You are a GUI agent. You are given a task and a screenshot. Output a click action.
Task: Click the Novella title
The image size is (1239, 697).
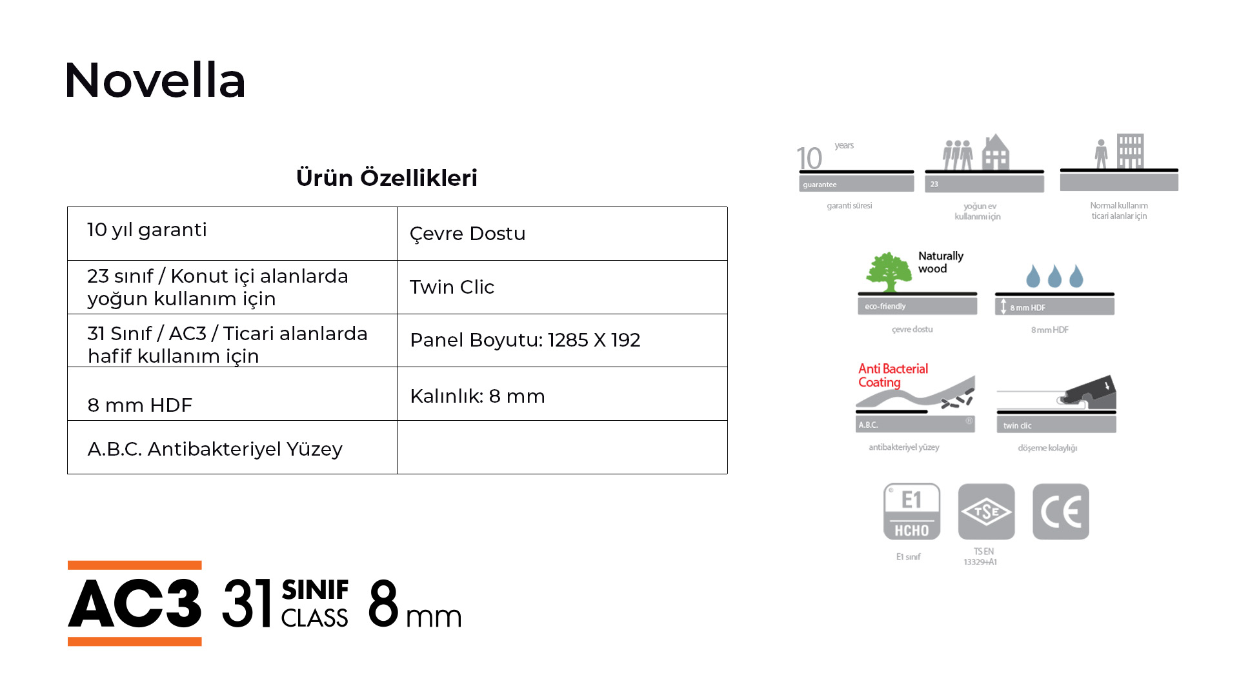(x=155, y=81)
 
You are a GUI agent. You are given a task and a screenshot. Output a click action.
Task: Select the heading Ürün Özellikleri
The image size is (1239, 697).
(x=387, y=177)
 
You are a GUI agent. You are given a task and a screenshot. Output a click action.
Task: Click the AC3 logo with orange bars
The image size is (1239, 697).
(x=135, y=603)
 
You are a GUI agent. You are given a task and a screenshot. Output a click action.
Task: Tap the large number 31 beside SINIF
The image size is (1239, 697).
(x=247, y=603)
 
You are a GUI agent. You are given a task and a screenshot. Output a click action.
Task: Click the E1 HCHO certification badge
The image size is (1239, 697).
(x=912, y=512)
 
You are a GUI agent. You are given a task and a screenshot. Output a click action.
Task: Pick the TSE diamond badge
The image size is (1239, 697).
(x=986, y=512)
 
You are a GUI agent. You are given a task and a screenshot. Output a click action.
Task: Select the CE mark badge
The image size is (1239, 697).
(x=1061, y=512)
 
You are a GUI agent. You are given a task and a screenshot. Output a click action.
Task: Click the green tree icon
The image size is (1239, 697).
(x=889, y=272)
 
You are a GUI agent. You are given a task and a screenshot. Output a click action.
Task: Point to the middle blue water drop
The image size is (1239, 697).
(x=1054, y=276)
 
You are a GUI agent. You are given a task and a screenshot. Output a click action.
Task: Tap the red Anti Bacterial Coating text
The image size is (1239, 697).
(x=893, y=376)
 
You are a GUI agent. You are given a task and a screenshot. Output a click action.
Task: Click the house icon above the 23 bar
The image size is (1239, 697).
(x=996, y=152)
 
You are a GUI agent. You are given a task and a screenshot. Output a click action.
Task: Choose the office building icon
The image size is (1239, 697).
(x=1130, y=151)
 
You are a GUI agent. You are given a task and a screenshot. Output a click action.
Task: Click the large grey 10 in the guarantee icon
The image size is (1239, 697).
(x=809, y=158)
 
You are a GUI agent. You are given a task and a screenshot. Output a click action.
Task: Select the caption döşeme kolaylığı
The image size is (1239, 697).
(x=1047, y=448)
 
